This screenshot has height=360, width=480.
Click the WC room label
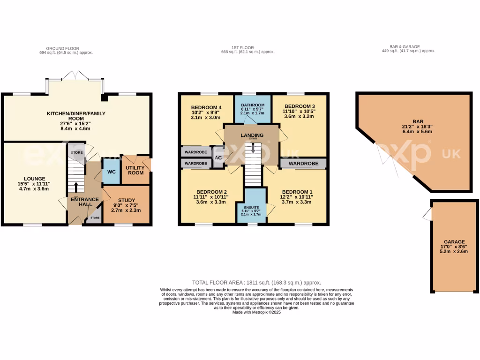[x=111, y=172]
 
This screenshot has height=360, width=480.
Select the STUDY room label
[x=126, y=201]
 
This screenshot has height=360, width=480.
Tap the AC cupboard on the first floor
[x=218, y=157]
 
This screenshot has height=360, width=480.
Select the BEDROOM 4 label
[x=206, y=107]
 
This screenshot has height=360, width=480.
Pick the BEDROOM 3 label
[x=300, y=106]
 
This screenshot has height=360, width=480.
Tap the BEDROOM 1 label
[x=297, y=192]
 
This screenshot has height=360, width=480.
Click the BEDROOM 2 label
[x=212, y=192]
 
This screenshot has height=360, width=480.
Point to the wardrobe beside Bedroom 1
[x=303, y=164]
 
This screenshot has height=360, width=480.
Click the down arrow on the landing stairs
[x=253, y=149]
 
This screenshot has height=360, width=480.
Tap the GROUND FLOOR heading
[x=63, y=48]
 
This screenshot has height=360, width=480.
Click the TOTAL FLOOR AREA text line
[x=256, y=283]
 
